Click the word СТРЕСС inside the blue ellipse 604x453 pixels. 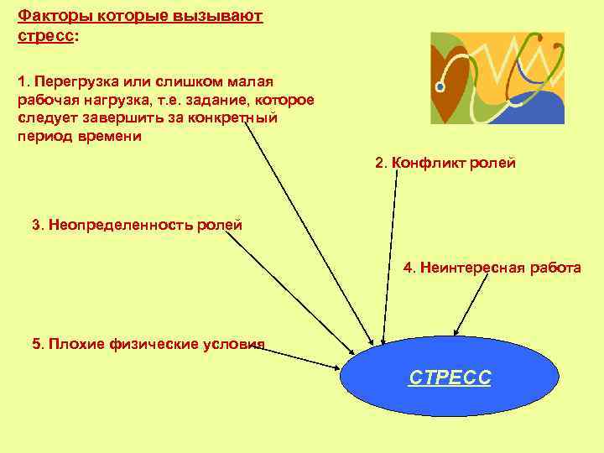450,378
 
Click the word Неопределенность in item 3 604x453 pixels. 120,225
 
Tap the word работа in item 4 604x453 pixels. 555,268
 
